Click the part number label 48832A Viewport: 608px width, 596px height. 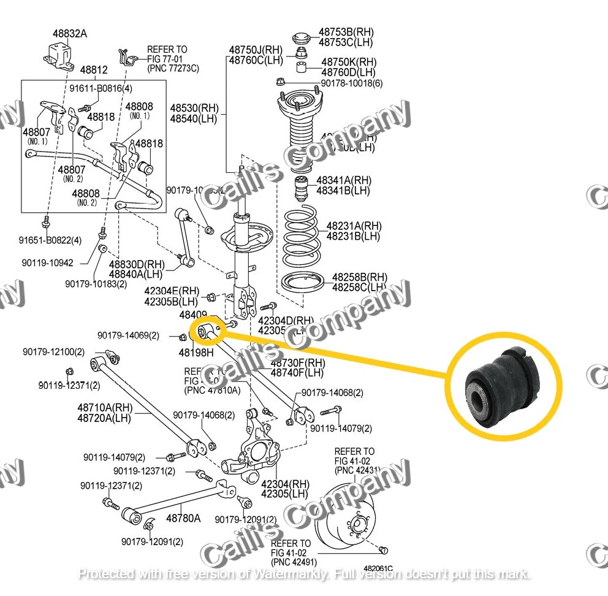tap(69, 34)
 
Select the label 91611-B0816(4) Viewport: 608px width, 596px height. tap(100, 88)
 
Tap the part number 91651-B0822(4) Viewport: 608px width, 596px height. tap(50, 240)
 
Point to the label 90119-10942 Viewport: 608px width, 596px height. tap(47, 262)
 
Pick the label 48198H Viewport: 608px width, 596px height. tap(196, 353)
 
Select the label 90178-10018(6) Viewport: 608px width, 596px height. tap(352, 83)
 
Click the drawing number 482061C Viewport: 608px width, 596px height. tap(378, 570)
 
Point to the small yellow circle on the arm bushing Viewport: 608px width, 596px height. tap(208, 331)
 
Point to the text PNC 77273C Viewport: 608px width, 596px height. tap(173, 68)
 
